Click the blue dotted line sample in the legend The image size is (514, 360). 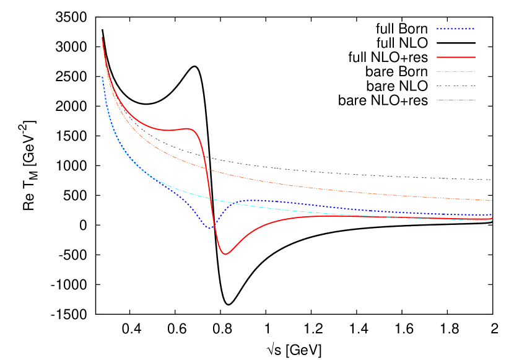(x=455, y=29)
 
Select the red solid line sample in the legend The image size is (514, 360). (x=455, y=57)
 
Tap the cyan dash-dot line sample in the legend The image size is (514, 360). (x=455, y=72)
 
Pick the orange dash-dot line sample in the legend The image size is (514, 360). (x=455, y=100)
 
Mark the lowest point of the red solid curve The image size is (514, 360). (x=225, y=254)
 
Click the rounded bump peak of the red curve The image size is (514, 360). (x=188, y=128)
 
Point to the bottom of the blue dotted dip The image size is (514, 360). (x=210, y=228)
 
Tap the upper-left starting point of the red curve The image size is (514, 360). (x=102, y=38)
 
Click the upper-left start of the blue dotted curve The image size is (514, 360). (x=102, y=77)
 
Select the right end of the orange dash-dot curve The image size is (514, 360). (x=492, y=200)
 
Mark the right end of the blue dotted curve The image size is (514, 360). (x=492, y=215)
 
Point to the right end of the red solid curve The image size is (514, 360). (x=492, y=218)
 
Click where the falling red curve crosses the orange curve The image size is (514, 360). (x=207, y=169)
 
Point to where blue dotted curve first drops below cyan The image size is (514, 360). (x=162, y=183)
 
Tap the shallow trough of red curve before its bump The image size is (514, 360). (x=168, y=130)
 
